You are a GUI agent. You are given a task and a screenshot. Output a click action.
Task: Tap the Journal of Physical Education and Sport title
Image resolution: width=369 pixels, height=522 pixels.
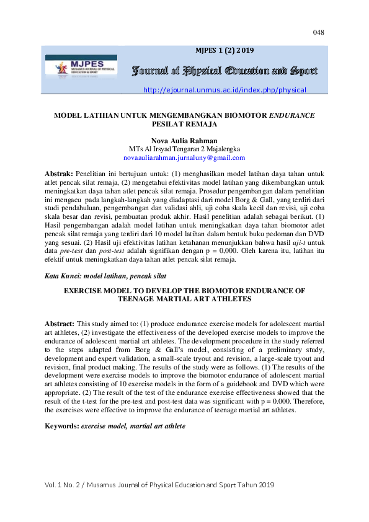pyautogui.click(x=225, y=71)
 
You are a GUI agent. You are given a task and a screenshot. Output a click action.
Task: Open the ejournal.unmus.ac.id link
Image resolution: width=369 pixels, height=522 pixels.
pyautogui.click(x=225, y=90)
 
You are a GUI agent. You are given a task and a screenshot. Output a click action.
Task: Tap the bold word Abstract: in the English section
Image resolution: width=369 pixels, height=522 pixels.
pyautogui.click(x=60, y=324)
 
